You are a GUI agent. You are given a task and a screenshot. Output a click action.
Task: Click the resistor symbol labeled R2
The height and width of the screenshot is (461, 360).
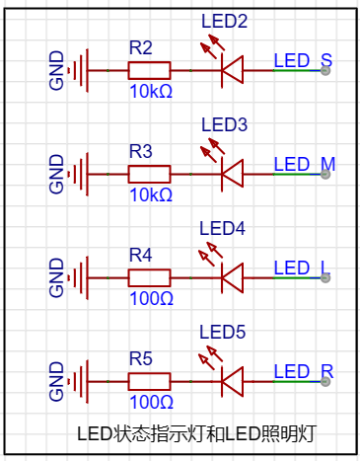coord(149,70)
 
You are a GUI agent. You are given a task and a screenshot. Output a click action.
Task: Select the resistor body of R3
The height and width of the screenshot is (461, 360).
coord(149,174)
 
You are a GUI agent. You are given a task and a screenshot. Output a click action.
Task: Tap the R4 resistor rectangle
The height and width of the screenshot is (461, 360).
coord(149,277)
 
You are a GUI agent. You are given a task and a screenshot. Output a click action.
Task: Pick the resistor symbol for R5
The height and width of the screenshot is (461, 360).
coord(149,382)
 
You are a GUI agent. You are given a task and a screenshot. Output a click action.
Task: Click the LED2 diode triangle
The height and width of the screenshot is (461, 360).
coord(233,70)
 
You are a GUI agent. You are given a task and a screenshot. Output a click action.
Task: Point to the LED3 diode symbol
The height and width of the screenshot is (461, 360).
coord(233,174)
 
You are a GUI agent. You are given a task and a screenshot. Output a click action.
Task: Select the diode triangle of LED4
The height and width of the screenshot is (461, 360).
coord(233,277)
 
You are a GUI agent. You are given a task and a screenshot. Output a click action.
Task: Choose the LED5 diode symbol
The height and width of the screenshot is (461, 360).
coord(233,382)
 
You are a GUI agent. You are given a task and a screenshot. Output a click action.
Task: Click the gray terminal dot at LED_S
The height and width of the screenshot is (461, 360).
coord(325,70)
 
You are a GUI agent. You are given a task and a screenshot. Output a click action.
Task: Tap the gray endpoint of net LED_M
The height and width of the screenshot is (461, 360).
coord(325,174)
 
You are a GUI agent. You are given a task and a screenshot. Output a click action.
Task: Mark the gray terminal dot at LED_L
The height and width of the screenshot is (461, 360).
coord(325,277)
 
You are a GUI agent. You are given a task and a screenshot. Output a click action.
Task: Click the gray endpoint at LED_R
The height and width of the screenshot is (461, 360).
coord(325,382)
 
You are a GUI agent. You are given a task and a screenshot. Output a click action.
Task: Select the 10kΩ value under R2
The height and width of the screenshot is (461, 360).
coord(151,92)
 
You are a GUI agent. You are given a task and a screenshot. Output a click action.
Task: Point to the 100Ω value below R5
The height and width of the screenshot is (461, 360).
coord(151,403)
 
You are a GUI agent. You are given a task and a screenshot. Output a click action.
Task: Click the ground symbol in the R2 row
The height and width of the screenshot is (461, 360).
coord(78,70)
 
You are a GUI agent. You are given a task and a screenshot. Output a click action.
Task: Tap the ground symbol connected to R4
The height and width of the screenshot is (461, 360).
coord(78,277)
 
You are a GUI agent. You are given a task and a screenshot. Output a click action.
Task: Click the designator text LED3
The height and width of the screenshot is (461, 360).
coord(224,124)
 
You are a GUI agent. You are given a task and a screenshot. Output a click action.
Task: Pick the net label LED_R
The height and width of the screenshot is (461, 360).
coord(304,371)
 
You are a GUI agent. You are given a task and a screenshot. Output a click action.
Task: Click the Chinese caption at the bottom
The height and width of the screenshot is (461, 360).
coord(196,434)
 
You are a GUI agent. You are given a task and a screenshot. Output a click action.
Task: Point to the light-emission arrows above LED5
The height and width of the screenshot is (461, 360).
coord(211,356)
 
